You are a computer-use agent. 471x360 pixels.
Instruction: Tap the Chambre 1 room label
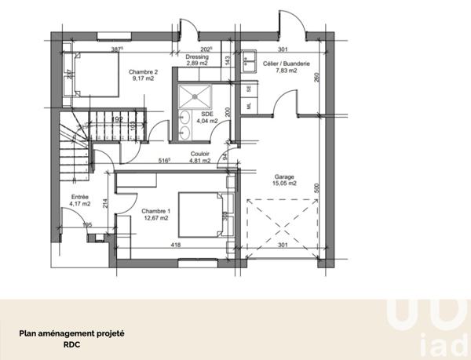click(155, 211)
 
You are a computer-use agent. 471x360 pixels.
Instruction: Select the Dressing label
click(196, 56)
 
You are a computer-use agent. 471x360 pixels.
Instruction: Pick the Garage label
click(284, 177)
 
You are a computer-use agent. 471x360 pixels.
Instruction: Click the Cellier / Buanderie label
click(280, 64)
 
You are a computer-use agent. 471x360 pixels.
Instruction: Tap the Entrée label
click(80, 197)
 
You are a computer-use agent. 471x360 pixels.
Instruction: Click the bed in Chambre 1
click(202, 213)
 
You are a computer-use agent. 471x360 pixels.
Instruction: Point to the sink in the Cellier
click(250, 58)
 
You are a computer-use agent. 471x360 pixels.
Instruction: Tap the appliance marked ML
click(250, 104)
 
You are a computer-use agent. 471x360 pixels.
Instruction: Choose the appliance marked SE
click(250, 88)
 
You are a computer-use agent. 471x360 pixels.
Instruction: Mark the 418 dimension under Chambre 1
click(177, 245)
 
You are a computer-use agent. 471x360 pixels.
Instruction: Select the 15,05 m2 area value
click(284, 185)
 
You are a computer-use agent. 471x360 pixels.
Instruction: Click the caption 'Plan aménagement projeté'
click(71, 331)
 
